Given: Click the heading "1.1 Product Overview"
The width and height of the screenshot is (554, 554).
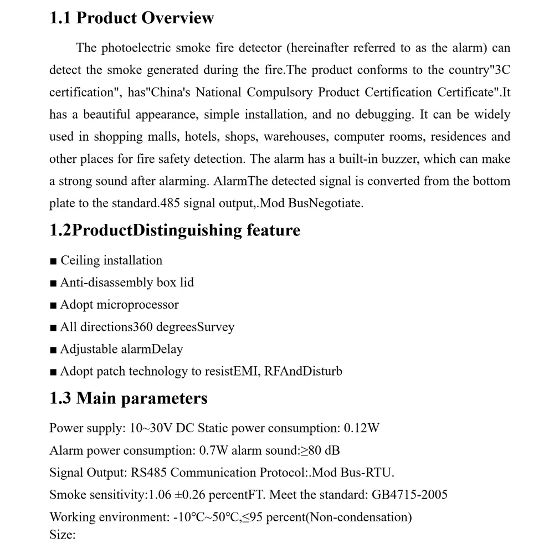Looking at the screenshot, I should (131, 18).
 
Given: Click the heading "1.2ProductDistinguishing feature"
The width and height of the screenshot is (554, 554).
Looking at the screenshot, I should (175, 230).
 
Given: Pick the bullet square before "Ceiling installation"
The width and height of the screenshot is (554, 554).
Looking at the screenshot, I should (53, 261).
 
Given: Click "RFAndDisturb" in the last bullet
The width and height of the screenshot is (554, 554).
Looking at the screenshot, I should (303, 371).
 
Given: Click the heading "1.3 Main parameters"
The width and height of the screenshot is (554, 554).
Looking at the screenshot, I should (128, 398).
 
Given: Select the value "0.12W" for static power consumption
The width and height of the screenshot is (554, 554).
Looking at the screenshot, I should (362, 428).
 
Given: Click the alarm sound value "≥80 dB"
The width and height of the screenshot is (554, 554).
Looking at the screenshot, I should (320, 450).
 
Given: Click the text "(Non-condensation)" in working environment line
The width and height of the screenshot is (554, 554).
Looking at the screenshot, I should (360, 517).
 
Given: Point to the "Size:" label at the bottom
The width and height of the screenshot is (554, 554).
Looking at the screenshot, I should (61, 535).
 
